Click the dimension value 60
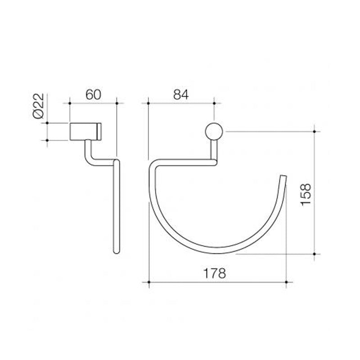click(93, 94)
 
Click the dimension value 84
click(180, 94)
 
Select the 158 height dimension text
click(306, 193)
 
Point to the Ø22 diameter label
click(38, 107)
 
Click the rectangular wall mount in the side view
click(85, 131)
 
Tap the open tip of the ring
click(283, 176)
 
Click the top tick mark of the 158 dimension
click(315, 131)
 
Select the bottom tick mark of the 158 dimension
click(315, 254)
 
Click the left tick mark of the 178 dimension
click(148, 282)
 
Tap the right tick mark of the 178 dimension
click(287, 282)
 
